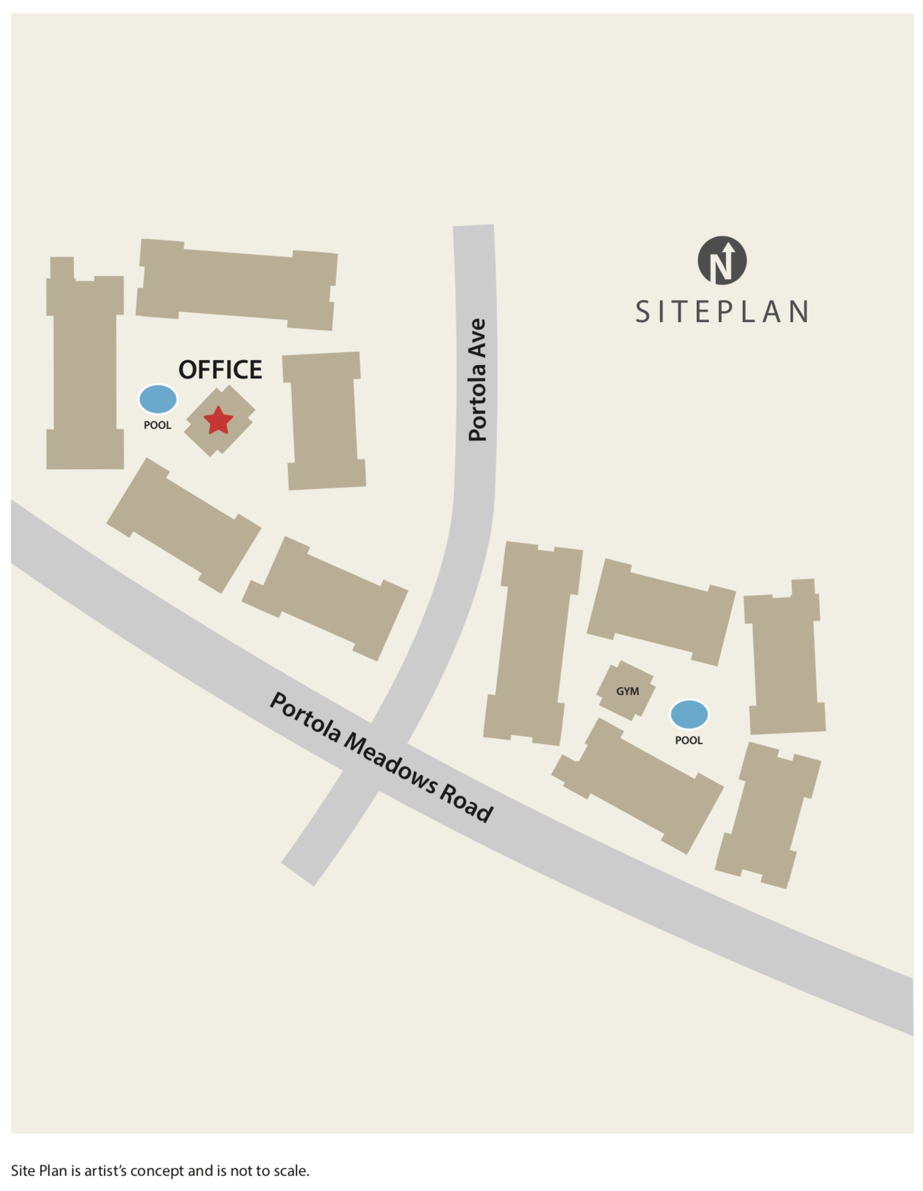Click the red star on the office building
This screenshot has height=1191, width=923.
tap(218, 421)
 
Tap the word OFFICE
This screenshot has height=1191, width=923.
tap(220, 370)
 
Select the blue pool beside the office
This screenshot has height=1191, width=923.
tap(158, 399)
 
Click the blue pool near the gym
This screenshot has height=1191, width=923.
tap(689, 714)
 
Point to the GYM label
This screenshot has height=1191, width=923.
tap(627, 691)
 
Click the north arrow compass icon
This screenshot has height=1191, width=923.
tap(722, 261)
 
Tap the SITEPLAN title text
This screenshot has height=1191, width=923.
tap(722, 312)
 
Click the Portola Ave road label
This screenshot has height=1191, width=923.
tap(477, 380)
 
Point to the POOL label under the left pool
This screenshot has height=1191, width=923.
tap(158, 425)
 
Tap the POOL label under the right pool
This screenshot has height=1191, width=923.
tap(689, 740)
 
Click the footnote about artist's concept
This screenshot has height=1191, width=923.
tap(160, 1170)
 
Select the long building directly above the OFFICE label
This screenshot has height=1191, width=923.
tap(237, 285)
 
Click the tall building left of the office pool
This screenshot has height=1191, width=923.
tap(85, 371)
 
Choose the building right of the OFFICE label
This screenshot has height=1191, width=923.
tap(324, 421)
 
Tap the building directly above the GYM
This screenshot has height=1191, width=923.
tap(661, 611)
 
